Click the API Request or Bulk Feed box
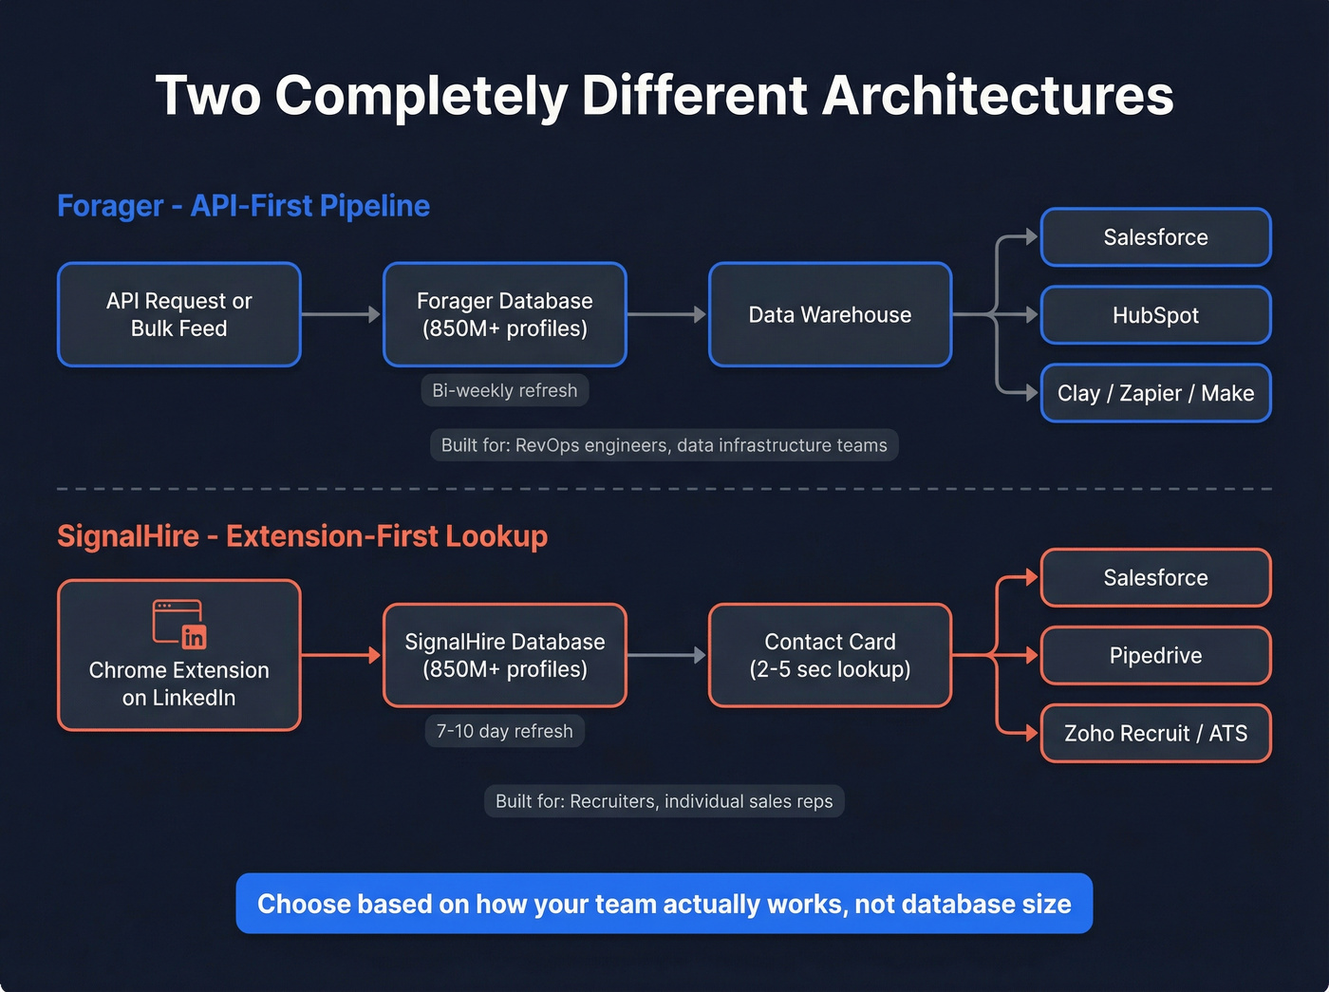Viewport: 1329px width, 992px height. point(179,314)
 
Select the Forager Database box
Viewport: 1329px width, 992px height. point(504,314)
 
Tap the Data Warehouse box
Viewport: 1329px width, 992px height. point(830,314)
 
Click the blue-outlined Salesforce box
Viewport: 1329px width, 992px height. point(1155,237)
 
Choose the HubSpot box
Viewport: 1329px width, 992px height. point(1155,315)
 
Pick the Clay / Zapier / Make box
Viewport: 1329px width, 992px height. point(1155,393)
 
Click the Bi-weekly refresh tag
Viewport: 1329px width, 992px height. point(504,390)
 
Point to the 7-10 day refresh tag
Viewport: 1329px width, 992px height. point(504,731)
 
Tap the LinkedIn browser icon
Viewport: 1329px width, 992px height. point(179,624)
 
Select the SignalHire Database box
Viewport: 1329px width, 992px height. point(504,655)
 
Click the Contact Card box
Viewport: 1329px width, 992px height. point(830,655)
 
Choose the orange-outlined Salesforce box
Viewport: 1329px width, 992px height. point(1155,577)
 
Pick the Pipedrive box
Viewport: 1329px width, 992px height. point(1155,655)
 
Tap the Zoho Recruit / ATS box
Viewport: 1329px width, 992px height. point(1155,733)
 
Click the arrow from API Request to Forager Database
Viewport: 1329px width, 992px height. point(341,314)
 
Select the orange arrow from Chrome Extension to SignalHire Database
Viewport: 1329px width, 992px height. point(341,655)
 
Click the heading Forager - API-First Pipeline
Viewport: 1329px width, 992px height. point(243,206)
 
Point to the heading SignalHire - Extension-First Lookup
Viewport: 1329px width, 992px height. point(302,536)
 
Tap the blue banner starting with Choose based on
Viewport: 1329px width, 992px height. point(664,904)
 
